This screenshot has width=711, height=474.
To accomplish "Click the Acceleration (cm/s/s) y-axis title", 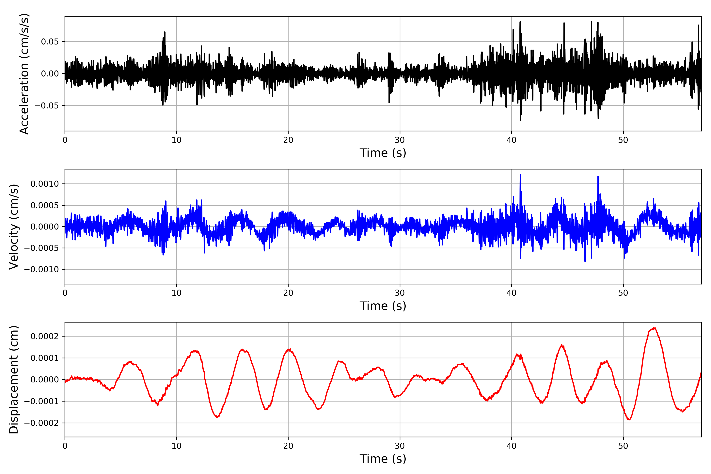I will point(24,74).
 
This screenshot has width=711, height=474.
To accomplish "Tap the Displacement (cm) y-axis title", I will point(14,379).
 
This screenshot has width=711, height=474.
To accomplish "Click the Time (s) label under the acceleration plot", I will point(383,153).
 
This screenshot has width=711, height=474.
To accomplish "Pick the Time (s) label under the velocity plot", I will point(383,306).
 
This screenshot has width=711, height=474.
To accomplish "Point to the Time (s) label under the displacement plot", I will point(383,459).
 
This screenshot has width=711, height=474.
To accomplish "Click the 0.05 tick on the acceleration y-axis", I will point(50,42).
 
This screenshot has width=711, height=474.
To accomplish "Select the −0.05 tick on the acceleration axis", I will point(47,105).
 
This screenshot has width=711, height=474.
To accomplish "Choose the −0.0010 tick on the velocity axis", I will point(41,269).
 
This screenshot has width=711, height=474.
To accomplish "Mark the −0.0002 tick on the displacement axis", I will point(41,423).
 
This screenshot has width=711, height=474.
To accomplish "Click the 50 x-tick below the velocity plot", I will point(623,293).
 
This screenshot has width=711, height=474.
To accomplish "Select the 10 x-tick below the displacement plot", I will point(177,446).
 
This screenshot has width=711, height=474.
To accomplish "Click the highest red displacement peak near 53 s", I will point(654,328).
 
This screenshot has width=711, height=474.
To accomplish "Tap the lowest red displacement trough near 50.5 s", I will point(629,419).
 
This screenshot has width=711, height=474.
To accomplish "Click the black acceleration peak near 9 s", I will point(165,32).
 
